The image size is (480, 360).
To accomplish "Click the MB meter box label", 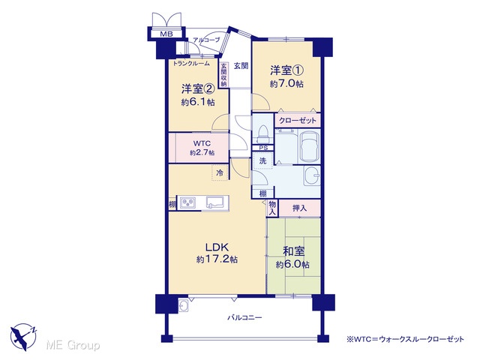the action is [x=166, y=34].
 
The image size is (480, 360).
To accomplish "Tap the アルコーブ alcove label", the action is [x=206, y=40].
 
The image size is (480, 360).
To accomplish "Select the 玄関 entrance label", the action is [x=241, y=66].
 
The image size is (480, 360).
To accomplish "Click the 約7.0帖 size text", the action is [x=286, y=84].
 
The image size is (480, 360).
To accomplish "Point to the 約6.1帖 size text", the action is [x=198, y=102].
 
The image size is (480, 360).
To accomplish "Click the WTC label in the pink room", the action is [x=202, y=143].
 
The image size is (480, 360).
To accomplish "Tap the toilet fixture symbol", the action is [x=263, y=133].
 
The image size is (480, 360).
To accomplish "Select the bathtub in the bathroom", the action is [x=310, y=146].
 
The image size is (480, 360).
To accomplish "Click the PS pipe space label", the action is [x=263, y=148].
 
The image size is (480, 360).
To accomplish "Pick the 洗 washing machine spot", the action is [x=262, y=160].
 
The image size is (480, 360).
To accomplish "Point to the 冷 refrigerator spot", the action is [x=220, y=173].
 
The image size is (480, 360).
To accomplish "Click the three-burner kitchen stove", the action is [x=187, y=202].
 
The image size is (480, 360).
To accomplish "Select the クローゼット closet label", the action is [x=298, y=121].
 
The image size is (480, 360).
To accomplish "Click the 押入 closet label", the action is [x=299, y=208].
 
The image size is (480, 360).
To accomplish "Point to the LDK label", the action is [x=217, y=247].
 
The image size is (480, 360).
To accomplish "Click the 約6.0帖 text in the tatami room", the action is [x=292, y=265].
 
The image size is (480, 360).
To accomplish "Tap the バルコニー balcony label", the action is [x=244, y=317].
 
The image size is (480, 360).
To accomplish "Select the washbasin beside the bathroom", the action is [x=312, y=175].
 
